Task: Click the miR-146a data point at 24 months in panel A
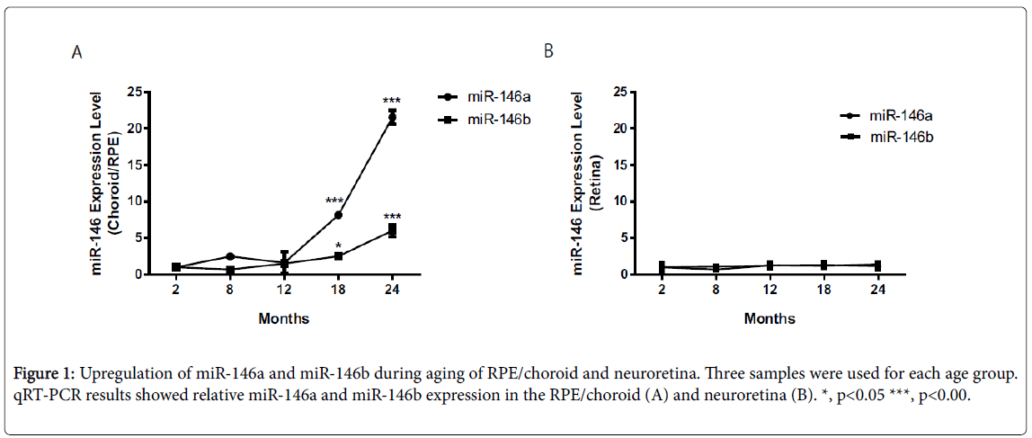coord(392,118)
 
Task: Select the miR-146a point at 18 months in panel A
coord(338,215)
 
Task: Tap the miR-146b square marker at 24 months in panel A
coord(392,230)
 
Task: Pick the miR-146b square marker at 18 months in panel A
coord(338,255)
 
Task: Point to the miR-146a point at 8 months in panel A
coord(230,256)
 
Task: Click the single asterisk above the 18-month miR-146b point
coord(338,246)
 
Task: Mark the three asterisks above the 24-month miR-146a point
coord(392,100)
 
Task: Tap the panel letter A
coord(77,53)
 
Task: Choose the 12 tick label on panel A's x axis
coord(284,291)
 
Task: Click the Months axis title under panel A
coord(284,317)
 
